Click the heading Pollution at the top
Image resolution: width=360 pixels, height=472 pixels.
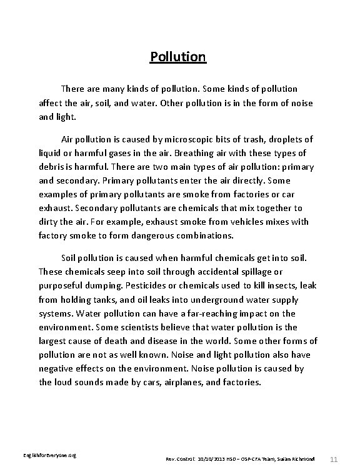point(178,57)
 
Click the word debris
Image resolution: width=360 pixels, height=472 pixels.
point(53,167)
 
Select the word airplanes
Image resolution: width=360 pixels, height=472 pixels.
point(189,383)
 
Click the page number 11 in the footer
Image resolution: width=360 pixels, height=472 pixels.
point(337,459)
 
